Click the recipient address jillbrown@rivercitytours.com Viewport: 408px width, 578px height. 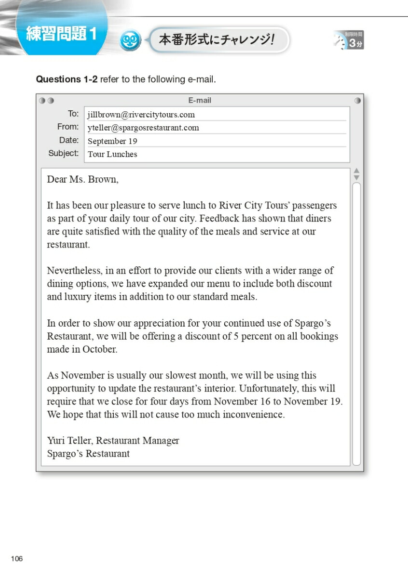(x=141, y=115)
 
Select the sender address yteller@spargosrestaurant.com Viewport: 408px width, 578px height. (x=143, y=128)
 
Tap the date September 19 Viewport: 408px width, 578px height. (x=112, y=141)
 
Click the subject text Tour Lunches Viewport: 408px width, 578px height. (x=112, y=154)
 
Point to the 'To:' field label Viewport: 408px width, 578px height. (x=73, y=114)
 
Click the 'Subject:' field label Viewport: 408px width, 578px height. (x=63, y=153)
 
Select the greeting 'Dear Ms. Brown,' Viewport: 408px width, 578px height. (x=82, y=180)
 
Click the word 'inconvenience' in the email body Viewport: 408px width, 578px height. (x=253, y=414)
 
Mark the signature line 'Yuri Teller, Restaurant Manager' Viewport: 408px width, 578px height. (x=113, y=440)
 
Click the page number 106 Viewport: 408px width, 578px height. (x=16, y=559)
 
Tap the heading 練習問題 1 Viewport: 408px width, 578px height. (x=61, y=34)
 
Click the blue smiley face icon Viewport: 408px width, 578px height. (x=130, y=40)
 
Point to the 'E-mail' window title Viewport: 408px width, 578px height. (x=200, y=101)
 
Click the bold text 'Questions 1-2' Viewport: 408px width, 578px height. (x=67, y=79)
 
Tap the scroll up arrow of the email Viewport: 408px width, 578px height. (x=356, y=171)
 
